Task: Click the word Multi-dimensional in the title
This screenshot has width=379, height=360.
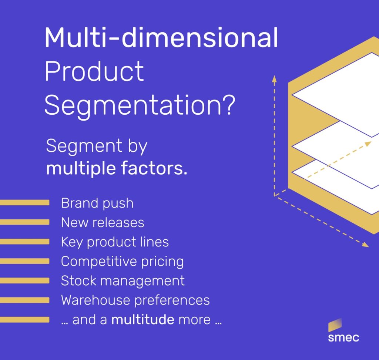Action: coord(161,37)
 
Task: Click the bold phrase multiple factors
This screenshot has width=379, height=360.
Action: coord(117,168)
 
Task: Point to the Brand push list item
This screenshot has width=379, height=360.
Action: coord(97,203)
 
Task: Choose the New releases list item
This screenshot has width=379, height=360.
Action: coord(103,222)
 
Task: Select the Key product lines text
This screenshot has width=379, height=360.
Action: coord(115,242)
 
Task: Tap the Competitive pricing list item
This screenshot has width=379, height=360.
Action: coord(122,262)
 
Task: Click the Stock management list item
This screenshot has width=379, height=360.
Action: coord(123,281)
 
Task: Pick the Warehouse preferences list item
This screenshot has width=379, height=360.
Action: coord(135,300)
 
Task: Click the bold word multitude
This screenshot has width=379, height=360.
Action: coord(142,319)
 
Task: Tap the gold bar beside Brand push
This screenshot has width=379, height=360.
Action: coord(25,202)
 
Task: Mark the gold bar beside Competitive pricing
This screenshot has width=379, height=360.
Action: coord(25,261)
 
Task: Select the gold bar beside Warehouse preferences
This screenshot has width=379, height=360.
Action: coord(25,300)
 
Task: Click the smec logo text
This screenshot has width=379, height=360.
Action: coord(343,337)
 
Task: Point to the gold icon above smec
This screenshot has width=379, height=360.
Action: coord(335,325)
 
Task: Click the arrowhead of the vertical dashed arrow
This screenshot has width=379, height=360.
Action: coord(274,79)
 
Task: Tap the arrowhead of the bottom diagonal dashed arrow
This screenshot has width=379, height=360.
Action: coord(365,245)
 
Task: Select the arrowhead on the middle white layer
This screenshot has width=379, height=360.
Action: coord(368,144)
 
